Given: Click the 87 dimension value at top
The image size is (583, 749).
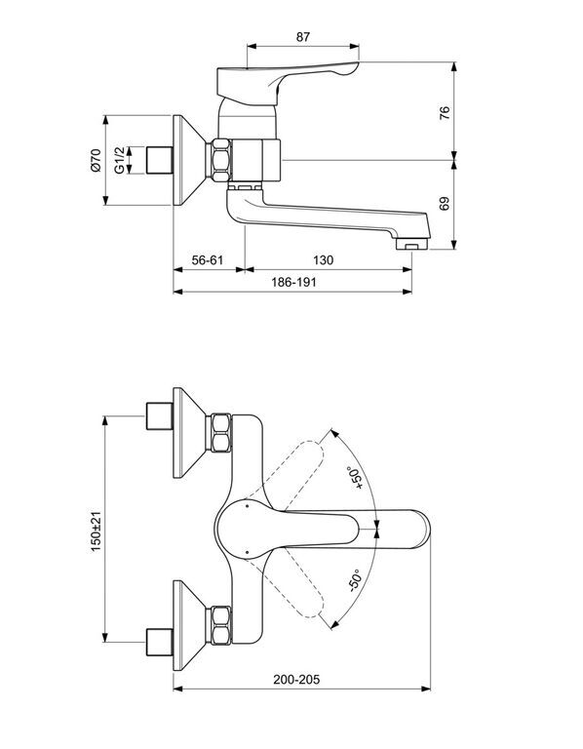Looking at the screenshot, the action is pyautogui.click(x=303, y=37).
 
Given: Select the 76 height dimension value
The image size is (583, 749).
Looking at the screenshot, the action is pyautogui.click(x=444, y=113).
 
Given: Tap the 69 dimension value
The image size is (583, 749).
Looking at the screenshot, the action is pyautogui.click(x=444, y=204).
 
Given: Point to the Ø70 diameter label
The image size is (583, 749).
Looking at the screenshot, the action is pyautogui.click(x=96, y=160).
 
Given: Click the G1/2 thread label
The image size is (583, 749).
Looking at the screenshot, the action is pyautogui.click(x=119, y=160).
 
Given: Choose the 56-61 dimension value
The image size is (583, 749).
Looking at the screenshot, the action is pyautogui.click(x=208, y=260).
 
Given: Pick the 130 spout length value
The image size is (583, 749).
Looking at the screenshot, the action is pyautogui.click(x=324, y=260).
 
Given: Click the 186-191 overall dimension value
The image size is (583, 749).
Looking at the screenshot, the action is pyautogui.click(x=293, y=282).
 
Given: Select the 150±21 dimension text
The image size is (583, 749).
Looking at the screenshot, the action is pyautogui.click(x=96, y=532).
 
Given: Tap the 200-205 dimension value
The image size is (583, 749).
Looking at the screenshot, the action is pyautogui.click(x=296, y=679).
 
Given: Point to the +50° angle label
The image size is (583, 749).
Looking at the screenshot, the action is pyautogui.click(x=357, y=478).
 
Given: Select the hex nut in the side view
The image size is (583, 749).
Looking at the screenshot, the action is pyautogui.click(x=220, y=160).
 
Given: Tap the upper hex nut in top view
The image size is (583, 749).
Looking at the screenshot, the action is pyautogui.click(x=220, y=433).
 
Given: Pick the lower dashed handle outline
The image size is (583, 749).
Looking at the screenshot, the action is pyautogui.click(x=292, y=585).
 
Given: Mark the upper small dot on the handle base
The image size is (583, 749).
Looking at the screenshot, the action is pyautogui.click(x=247, y=503).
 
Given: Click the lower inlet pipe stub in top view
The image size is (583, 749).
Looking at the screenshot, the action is pyautogui.click(x=159, y=643).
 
